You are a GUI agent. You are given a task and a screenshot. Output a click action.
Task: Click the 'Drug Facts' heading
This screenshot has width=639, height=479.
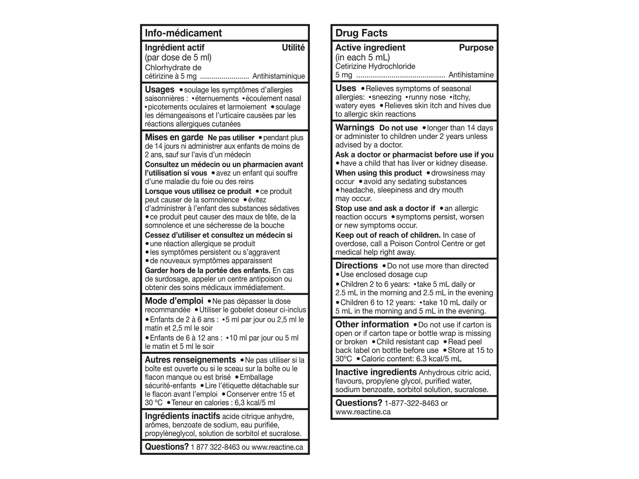[x=361, y=33]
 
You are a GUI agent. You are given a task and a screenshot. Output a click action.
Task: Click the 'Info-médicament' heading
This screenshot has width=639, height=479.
[x=183, y=33]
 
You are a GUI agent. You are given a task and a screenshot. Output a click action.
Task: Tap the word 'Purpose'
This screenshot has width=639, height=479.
[x=476, y=47]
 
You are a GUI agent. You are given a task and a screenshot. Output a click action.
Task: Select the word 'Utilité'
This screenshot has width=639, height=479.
[x=293, y=47]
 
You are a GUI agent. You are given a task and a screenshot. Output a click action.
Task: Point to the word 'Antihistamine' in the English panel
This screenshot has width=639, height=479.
[x=471, y=75]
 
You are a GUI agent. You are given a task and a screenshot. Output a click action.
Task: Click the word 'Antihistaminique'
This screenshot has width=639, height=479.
[x=278, y=76]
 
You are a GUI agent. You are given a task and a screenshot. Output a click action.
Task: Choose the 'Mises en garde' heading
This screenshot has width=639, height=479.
[x=174, y=137]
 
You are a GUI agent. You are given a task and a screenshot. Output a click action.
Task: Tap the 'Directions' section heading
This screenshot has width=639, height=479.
[x=356, y=265]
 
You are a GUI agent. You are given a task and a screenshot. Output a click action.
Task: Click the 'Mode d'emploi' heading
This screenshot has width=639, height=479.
[x=174, y=301]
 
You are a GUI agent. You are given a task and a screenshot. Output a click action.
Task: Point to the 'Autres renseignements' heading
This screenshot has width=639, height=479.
[x=190, y=360]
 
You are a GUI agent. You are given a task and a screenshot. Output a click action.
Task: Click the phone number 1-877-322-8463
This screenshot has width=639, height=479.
[x=411, y=403]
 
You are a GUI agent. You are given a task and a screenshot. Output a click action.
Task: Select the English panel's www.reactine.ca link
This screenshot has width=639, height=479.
[x=363, y=412]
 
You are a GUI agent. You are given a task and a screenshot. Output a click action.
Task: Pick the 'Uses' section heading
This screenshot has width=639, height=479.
[x=346, y=88]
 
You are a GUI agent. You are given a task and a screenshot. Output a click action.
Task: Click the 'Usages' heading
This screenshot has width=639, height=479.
[x=159, y=89]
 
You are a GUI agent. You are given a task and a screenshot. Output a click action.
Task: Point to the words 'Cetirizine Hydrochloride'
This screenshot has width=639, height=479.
[x=375, y=67]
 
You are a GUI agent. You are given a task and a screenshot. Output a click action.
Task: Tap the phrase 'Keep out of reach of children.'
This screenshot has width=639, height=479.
[x=388, y=235]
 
